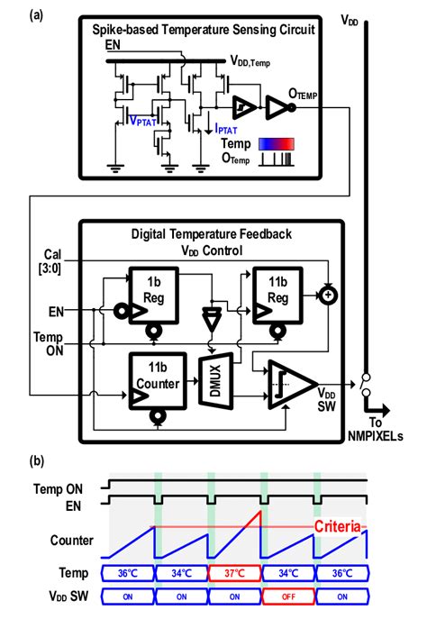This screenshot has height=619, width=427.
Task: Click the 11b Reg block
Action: [x=278, y=287]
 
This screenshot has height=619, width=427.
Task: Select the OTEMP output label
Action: [x=312, y=94]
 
